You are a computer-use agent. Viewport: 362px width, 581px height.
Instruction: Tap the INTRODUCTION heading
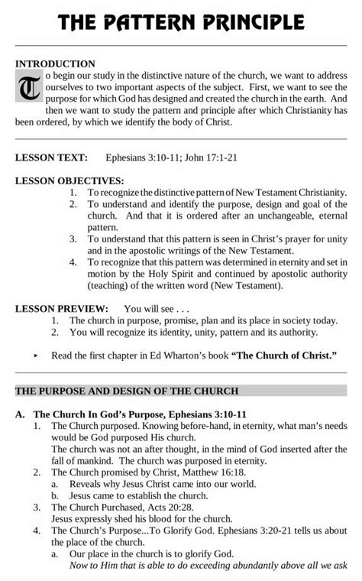pyautogui.click(x=55, y=64)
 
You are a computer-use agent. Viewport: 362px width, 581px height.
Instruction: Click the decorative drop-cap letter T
pyautogui.click(x=29, y=89)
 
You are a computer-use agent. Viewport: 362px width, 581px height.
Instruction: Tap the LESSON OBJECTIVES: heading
pyautogui.click(x=69, y=181)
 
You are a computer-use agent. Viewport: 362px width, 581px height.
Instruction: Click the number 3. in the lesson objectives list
pyautogui.click(x=73, y=239)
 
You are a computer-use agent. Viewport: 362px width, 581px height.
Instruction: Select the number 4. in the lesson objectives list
pyautogui.click(x=73, y=262)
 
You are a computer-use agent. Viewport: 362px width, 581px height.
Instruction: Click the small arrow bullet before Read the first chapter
pyautogui.click(x=36, y=356)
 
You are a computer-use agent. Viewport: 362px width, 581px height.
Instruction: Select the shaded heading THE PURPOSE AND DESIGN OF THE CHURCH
pyautogui.click(x=127, y=391)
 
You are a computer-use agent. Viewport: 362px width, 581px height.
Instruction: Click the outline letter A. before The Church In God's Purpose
pyautogui.click(x=21, y=414)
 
